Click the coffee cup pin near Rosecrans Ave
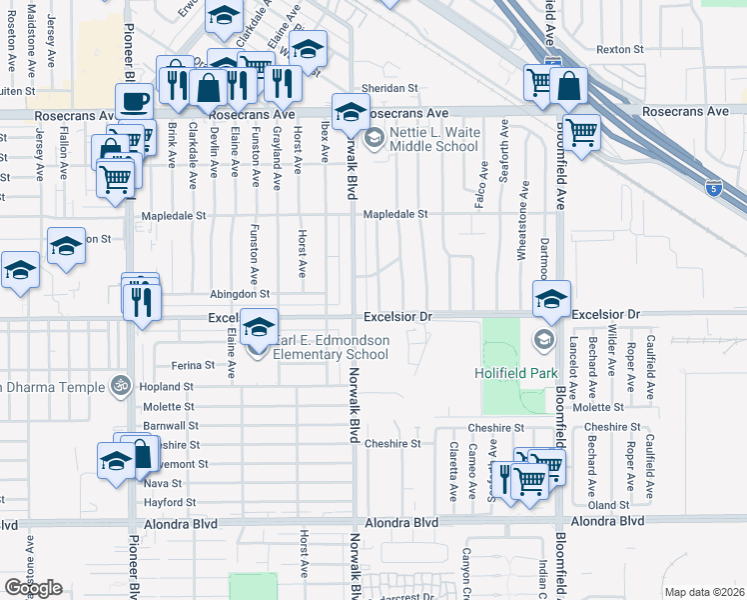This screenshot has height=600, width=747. click(134, 101)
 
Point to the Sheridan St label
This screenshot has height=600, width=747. click(387, 88)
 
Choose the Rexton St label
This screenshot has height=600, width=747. click(619, 49)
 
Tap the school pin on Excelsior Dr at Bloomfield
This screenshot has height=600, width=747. click(551, 298)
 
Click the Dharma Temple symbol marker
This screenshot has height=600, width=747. click(121, 385)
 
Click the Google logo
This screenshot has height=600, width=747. click(33, 588)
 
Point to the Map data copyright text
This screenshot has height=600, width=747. click(704, 592)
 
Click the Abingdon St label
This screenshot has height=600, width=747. click(240, 294)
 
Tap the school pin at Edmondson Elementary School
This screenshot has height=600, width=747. click(259, 327)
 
